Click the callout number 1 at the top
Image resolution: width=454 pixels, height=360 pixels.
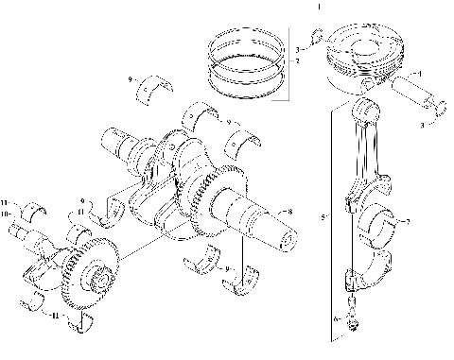318,6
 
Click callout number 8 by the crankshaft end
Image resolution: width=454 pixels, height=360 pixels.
290,212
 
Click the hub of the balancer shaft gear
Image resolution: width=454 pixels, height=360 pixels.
96,281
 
